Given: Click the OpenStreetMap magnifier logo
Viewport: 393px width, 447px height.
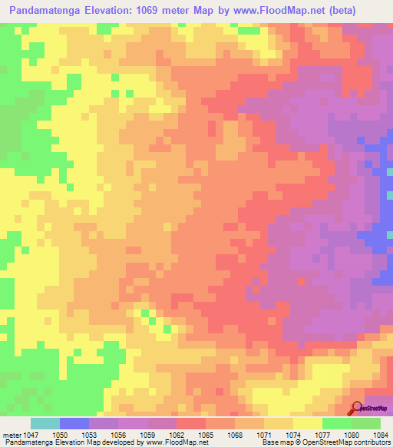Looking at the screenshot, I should click(x=357, y=408).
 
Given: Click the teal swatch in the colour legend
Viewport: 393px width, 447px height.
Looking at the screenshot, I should click(x=45, y=423).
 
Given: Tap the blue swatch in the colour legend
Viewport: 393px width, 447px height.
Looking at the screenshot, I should click(x=74, y=423).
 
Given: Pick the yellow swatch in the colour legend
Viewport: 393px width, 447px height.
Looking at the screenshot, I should click(x=307, y=423).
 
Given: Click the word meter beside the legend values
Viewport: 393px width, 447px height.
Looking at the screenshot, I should click(x=13, y=434).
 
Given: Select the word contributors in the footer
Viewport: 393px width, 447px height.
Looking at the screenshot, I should click(x=370, y=442).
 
